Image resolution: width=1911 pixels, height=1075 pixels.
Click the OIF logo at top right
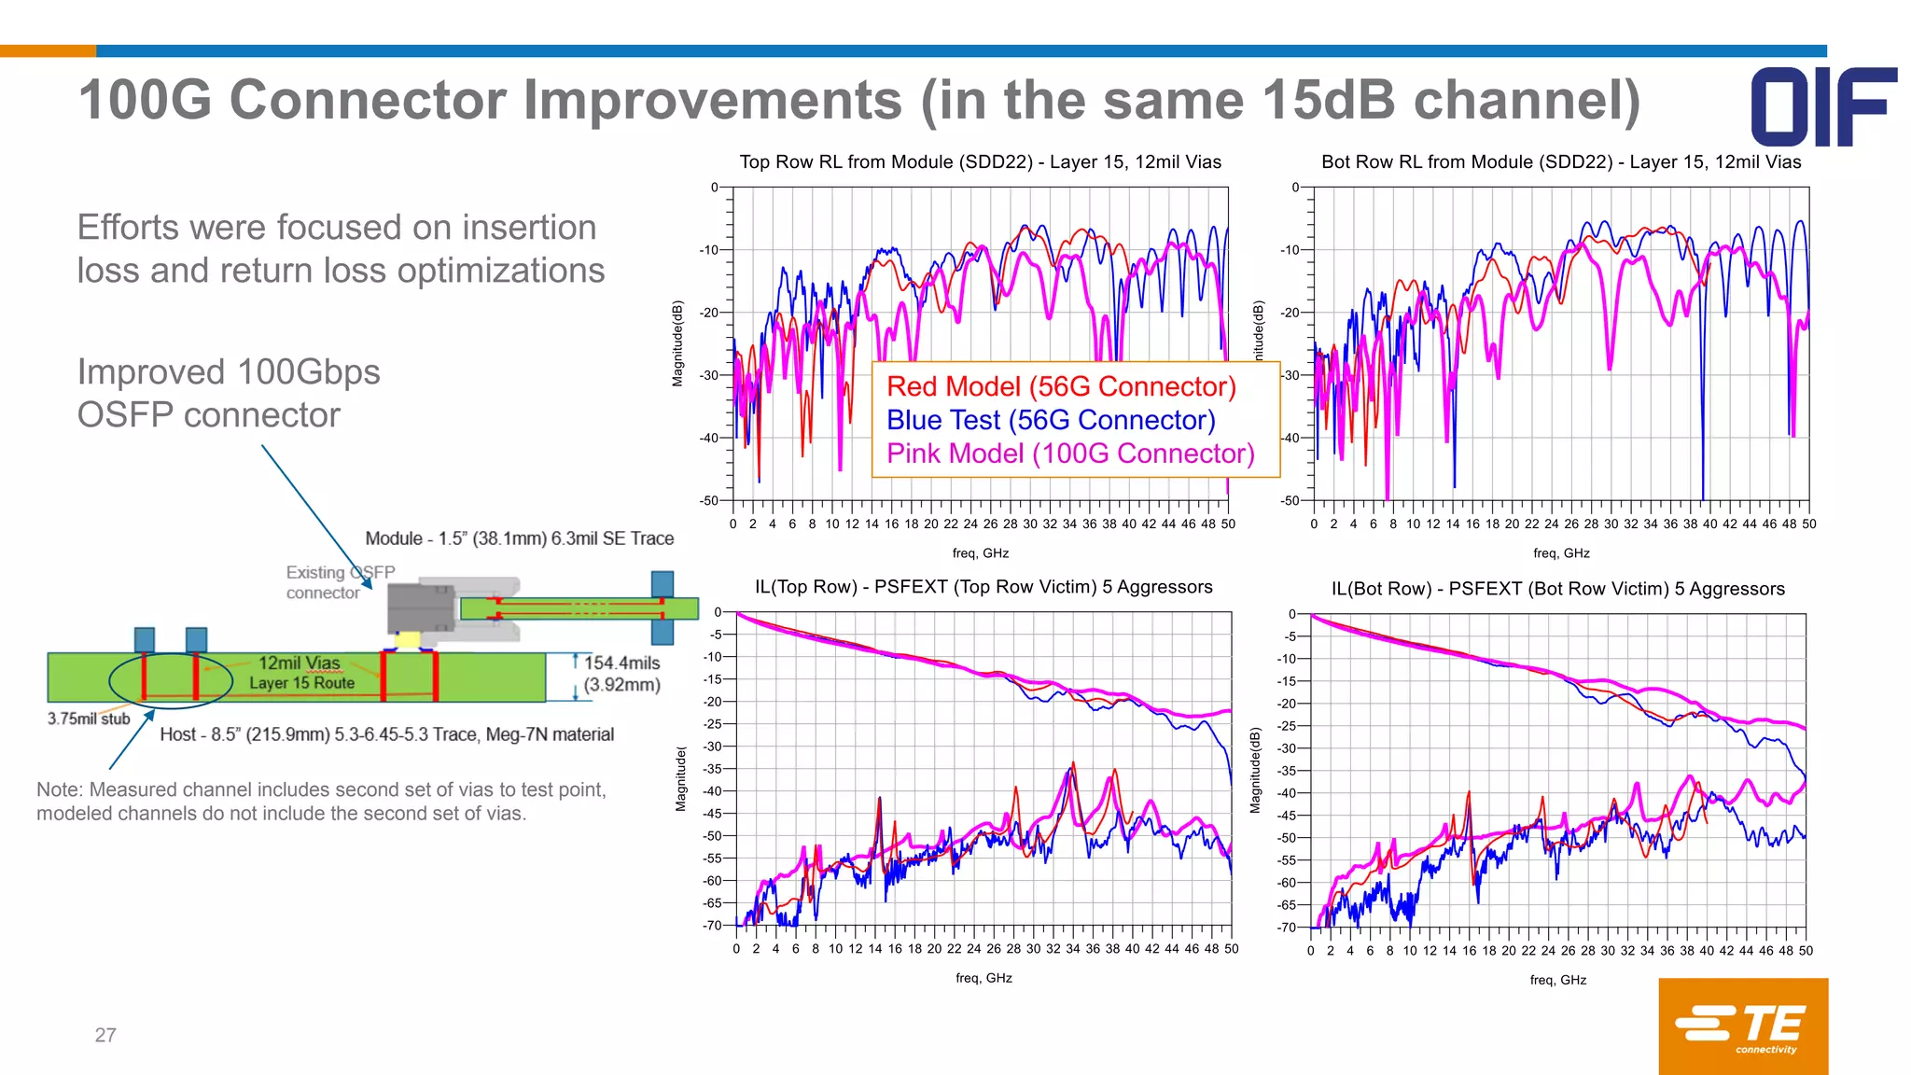[x=1822, y=106]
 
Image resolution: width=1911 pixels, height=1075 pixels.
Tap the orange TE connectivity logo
[x=1742, y=1026]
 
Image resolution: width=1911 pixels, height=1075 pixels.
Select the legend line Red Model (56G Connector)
[x=1061, y=386]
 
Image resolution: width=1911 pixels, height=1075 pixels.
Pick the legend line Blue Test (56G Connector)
[x=1051, y=420]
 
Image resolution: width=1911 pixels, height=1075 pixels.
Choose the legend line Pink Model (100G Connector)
[x=1070, y=454]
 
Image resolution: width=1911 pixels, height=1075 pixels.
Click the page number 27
[x=105, y=1035]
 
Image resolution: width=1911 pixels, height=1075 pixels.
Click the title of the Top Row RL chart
[x=980, y=161]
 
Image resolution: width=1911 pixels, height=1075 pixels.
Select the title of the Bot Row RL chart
[x=1561, y=161]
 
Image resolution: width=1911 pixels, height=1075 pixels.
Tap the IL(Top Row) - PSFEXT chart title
[x=983, y=587]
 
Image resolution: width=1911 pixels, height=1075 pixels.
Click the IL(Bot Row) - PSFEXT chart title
[x=1557, y=589]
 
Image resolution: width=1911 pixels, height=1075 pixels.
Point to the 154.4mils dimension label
[x=621, y=663]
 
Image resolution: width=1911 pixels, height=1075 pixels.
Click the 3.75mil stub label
[x=89, y=719]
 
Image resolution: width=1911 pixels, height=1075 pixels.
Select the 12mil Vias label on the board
[x=299, y=663]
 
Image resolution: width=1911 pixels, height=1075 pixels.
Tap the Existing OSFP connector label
[x=339, y=582]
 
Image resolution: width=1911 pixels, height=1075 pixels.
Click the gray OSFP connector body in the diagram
[x=421, y=608]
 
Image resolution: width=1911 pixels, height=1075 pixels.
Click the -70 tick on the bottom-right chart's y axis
[x=1287, y=928]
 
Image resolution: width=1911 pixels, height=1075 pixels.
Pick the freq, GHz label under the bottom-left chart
[x=983, y=978]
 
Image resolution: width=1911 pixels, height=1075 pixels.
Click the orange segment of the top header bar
[x=48, y=50]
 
